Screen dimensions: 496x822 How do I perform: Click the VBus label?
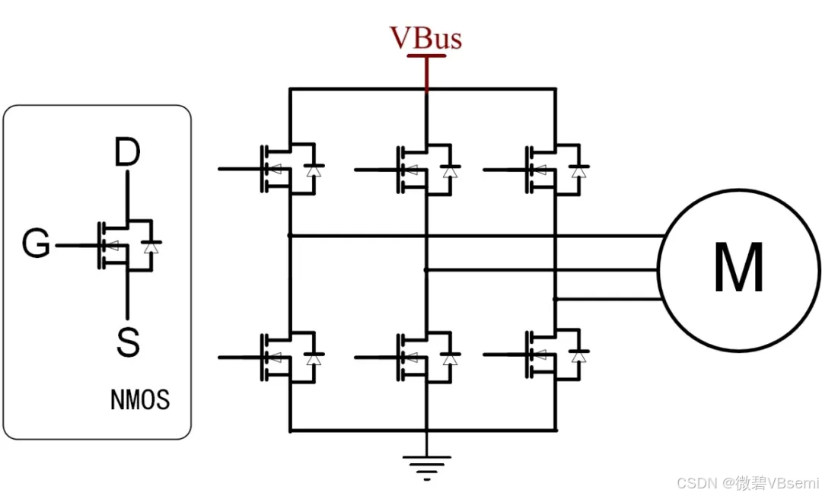coord(425,37)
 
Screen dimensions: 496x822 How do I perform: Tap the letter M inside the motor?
coord(738,269)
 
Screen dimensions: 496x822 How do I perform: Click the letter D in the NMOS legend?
coord(127,153)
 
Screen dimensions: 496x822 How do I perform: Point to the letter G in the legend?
coord(36,246)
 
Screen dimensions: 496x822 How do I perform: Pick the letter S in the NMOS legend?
coord(127,342)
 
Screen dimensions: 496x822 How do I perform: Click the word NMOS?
coord(140,400)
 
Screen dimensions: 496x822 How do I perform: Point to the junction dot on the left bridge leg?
coord(290,236)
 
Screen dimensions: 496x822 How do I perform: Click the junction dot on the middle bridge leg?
coord(426,269)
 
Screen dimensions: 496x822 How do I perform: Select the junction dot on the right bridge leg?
coord(556,299)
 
